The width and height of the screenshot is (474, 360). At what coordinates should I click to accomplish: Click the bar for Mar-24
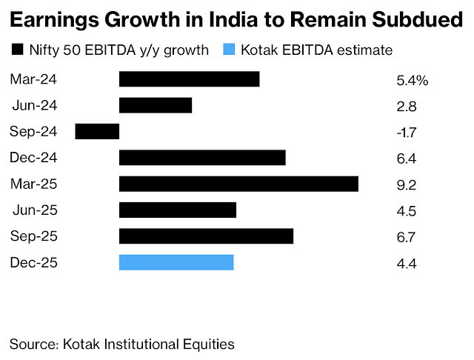point(189,79)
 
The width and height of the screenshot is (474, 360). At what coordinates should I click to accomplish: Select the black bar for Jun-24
point(156,105)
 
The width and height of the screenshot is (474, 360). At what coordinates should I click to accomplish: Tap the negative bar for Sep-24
point(97,132)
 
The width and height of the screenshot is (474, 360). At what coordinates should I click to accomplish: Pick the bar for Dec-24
point(202,158)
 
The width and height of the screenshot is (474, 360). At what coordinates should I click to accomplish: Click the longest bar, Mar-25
point(238,184)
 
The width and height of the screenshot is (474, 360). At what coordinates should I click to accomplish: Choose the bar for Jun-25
point(178,210)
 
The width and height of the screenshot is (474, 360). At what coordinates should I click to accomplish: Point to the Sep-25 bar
point(206,236)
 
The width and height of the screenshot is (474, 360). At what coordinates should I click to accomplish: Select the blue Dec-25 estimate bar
point(176,262)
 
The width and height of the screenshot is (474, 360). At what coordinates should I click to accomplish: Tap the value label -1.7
point(407,133)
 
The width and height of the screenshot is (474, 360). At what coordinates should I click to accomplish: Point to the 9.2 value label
point(407,185)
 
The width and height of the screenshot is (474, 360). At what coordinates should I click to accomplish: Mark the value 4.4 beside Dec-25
point(407,264)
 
